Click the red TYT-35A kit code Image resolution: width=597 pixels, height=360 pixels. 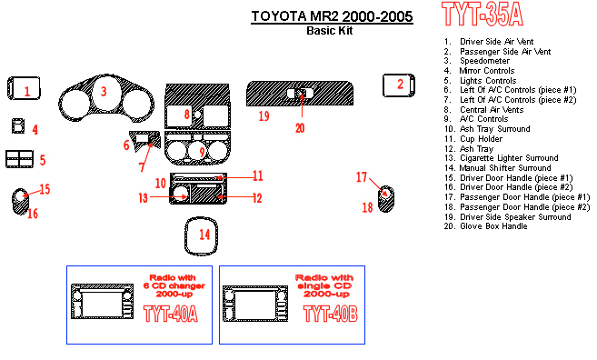482,15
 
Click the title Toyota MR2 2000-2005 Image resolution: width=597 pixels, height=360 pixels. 332,16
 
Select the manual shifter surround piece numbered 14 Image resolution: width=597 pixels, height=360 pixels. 201,236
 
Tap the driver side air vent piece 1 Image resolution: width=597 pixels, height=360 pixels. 24,89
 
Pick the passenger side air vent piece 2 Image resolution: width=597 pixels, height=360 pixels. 399,85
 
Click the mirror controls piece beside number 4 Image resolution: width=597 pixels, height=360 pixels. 17,126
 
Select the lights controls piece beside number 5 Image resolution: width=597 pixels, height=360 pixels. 19,159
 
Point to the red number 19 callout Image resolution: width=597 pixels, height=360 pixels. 264,115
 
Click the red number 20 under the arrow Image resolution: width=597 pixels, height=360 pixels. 300,128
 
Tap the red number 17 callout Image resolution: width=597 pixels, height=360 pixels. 362,177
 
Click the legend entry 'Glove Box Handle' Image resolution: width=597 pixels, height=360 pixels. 485,226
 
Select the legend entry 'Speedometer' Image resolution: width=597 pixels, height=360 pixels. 477,61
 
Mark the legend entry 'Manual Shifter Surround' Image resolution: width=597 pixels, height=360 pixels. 497,168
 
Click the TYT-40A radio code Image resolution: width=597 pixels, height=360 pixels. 171,314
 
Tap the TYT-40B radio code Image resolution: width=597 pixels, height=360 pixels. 331,314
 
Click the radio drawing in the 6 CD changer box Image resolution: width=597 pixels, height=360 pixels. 103,301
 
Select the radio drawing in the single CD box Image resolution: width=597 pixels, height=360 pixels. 255,304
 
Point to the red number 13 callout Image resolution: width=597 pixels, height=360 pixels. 143,198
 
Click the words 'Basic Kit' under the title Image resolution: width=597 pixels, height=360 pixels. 330,31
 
